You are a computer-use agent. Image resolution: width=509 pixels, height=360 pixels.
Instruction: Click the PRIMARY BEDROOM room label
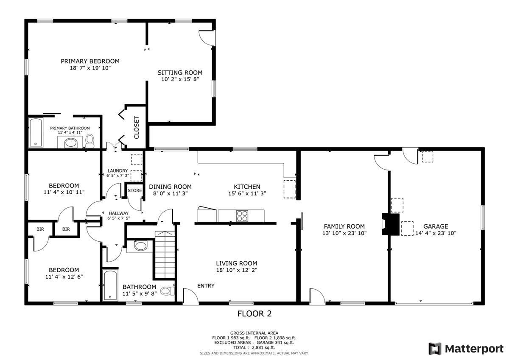pyautogui.click(x=89, y=61)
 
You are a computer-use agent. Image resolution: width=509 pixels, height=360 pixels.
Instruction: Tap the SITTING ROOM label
pyautogui.click(x=180, y=73)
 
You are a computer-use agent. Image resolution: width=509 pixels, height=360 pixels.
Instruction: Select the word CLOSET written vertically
pyautogui.click(x=137, y=128)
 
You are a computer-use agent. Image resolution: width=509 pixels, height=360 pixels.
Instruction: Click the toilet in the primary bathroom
pyautogui.click(x=89, y=140)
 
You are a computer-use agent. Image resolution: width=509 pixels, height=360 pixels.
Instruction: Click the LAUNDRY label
pyautogui.click(x=117, y=170)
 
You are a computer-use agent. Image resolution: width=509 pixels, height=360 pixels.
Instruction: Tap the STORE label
pyautogui.click(x=135, y=190)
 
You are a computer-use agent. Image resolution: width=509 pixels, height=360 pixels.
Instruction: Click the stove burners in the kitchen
pyautogui.click(x=242, y=216)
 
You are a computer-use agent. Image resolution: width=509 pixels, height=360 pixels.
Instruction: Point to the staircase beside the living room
pyautogui.click(x=165, y=254)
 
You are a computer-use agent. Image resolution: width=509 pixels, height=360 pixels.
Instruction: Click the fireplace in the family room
pyautogui.click(x=390, y=224)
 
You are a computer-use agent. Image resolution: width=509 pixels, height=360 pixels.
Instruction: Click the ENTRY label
pyautogui.click(x=206, y=286)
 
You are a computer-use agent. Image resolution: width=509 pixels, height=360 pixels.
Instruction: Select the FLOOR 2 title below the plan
pyautogui.click(x=254, y=314)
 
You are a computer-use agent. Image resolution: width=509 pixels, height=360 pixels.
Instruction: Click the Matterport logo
pyautogui.click(x=465, y=349)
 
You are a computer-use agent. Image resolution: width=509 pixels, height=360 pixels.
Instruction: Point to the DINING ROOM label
pyautogui.click(x=170, y=187)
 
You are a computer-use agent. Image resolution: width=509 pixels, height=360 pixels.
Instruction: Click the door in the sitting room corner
pyautogui.click(x=207, y=37)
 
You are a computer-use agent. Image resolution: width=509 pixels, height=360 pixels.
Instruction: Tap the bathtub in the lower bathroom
pyautogui.click(x=109, y=285)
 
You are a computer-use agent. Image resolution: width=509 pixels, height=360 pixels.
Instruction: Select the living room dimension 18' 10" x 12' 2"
pyautogui.click(x=236, y=270)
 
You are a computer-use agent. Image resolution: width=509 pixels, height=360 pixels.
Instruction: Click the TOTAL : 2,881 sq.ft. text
pyautogui.click(x=254, y=347)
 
